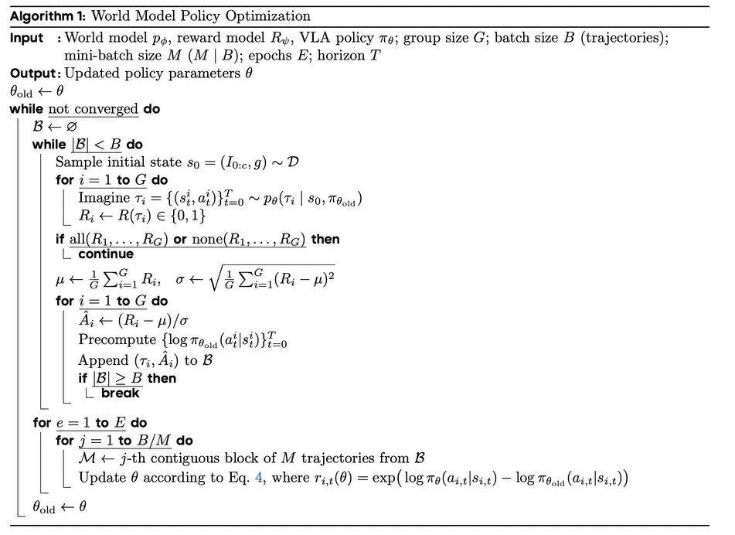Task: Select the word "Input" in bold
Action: tap(27, 38)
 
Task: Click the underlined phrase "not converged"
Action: tap(93, 109)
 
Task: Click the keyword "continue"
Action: tap(106, 254)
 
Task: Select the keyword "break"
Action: tap(121, 393)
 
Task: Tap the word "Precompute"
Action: tap(114, 340)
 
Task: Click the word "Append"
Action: tap(103, 360)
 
